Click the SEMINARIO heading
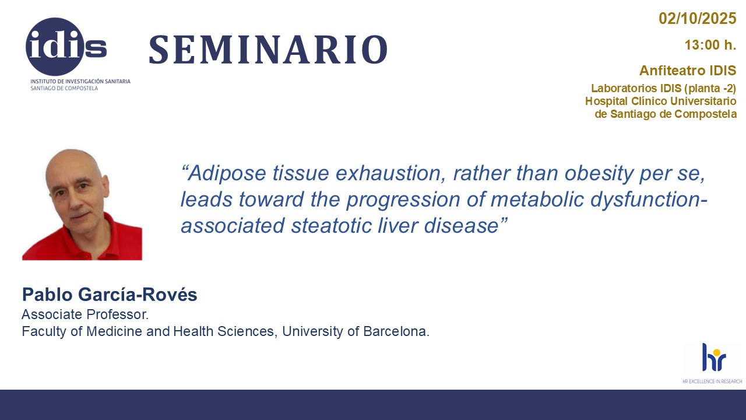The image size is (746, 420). [268, 50]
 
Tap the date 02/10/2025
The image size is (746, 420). [698, 18]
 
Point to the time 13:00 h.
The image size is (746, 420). [710, 45]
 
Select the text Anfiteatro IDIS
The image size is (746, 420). [688, 71]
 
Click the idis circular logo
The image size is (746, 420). [55, 47]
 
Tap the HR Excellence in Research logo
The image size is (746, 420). [712, 363]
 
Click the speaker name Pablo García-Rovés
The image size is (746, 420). [110, 295]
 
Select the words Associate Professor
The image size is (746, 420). [85, 314]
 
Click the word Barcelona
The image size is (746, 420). [396, 331]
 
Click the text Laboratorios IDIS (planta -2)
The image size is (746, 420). [663, 88]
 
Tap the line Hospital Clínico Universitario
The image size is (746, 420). [661, 101]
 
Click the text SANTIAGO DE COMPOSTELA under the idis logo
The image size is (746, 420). [64, 88]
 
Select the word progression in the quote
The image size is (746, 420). [403, 200]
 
